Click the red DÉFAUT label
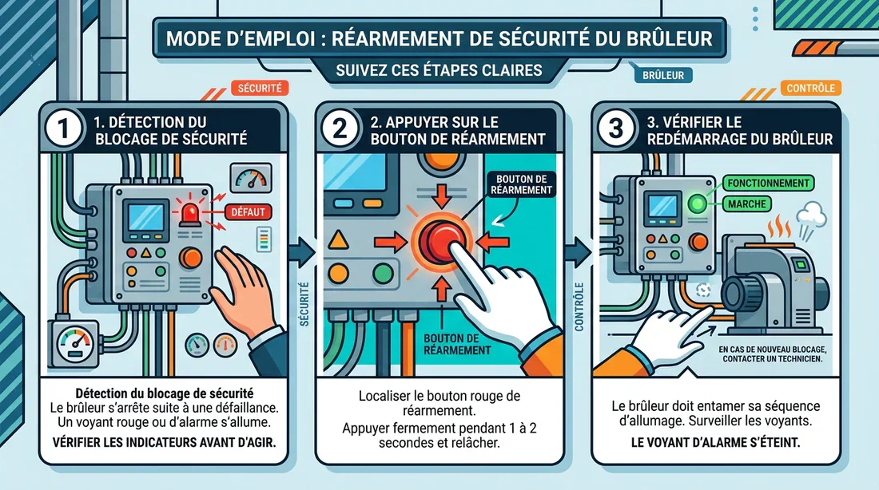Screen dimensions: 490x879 (x=249, y=212)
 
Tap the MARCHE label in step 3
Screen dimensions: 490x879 (x=747, y=205)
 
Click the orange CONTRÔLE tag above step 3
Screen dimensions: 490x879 (x=811, y=89)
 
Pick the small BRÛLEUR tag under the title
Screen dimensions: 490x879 (x=662, y=77)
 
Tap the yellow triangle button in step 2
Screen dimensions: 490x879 (x=340, y=239)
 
